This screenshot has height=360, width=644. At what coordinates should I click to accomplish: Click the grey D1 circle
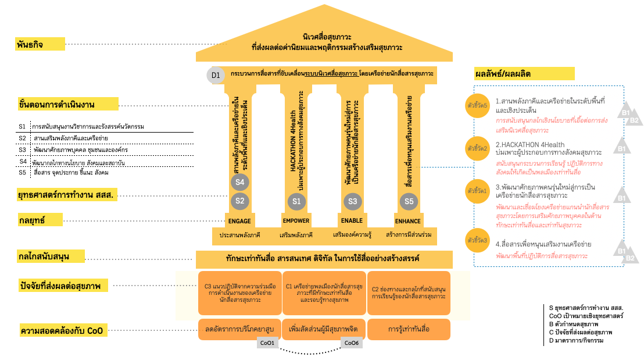pyautogui.click(x=216, y=74)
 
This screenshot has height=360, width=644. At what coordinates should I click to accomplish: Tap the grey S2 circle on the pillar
pyautogui.click(x=239, y=202)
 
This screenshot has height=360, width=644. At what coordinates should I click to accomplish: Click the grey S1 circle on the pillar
pyautogui.click(x=296, y=202)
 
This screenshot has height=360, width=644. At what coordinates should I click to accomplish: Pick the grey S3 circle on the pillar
pyautogui.click(x=352, y=202)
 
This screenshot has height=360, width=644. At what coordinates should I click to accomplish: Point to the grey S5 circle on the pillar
pyautogui.click(x=409, y=202)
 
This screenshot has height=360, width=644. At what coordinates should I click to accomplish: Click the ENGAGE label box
pyautogui.click(x=239, y=220)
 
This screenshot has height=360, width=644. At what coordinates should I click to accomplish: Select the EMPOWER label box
pyautogui.click(x=296, y=220)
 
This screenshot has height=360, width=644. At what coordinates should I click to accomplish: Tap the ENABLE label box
pyautogui.click(x=352, y=220)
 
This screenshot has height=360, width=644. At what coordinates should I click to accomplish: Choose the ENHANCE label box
pyautogui.click(x=408, y=220)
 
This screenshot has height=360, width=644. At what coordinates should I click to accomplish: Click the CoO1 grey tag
pyautogui.click(x=268, y=343)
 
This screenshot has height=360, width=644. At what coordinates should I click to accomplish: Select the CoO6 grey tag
pyautogui.click(x=352, y=343)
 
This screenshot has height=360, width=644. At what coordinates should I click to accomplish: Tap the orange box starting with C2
pyautogui.click(x=409, y=293)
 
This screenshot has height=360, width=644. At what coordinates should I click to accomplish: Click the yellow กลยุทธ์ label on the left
pyautogui.click(x=40, y=220)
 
